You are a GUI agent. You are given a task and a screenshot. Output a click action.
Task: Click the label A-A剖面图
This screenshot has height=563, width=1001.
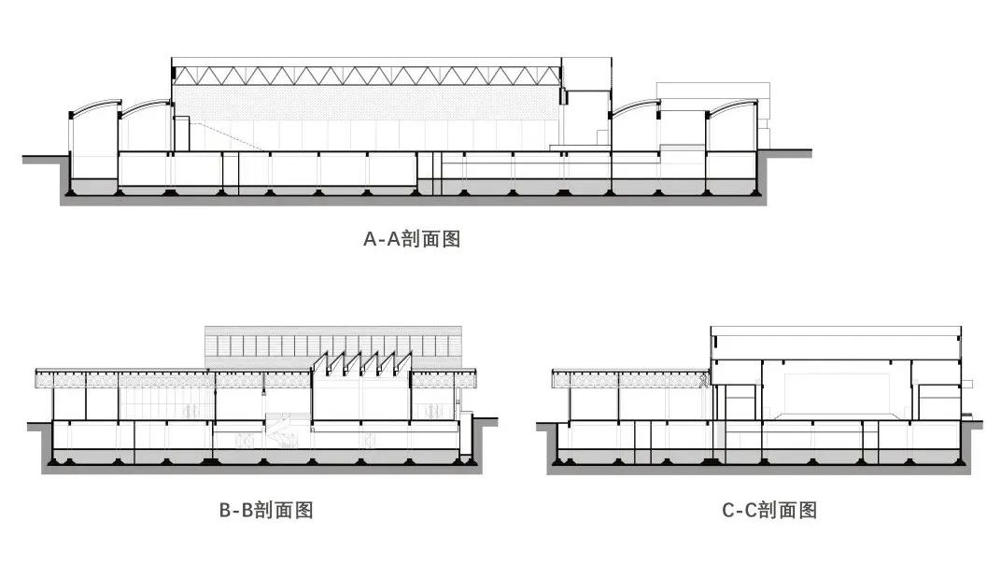tap(412, 239)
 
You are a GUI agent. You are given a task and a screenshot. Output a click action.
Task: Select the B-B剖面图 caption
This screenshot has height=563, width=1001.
tap(266, 510)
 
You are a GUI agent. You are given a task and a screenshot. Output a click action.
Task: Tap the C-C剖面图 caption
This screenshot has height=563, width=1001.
tap(769, 510)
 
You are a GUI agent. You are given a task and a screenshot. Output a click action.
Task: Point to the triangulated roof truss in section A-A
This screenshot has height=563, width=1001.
tap(367, 76)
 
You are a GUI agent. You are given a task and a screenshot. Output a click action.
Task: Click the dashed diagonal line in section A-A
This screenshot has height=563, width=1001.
tap(227, 134)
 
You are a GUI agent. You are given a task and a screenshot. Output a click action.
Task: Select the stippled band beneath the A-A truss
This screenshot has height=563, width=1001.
tap(367, 103)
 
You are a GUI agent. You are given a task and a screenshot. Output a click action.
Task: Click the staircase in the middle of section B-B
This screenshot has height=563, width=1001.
tap(281, 429)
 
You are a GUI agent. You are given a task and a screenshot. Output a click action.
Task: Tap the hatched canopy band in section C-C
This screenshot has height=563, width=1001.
tap(628, 380)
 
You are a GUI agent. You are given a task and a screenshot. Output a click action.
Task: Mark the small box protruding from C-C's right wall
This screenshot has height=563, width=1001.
tap(967, 385)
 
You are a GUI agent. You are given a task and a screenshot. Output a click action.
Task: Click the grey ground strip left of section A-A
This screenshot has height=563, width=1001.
tap(45, 159)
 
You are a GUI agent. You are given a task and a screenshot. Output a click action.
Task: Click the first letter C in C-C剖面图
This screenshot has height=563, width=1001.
tap(728, 511)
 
